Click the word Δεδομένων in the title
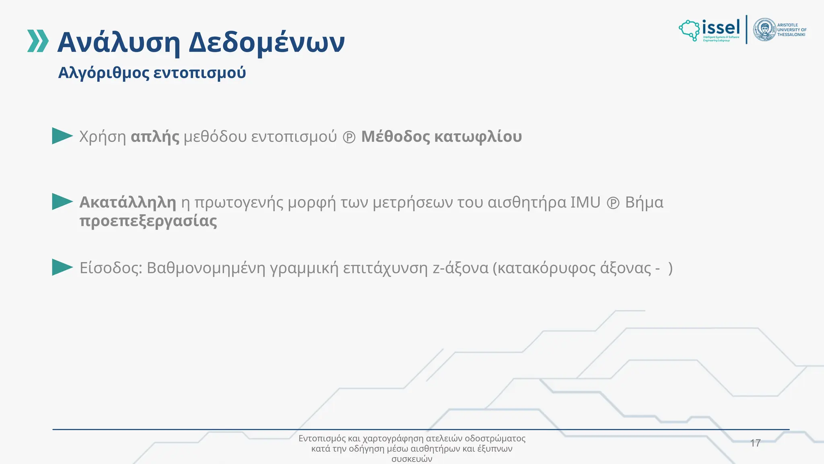[x=266, y=42]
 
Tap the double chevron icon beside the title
[x=38, y=41]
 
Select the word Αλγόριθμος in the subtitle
[x=103, y=73]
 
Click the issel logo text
[x=721, y=27]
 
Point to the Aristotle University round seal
[x=764, y=29]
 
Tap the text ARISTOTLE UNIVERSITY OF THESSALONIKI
[x=791, y=30]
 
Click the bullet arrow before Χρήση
[x=62, y=136]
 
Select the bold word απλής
[x=155, y=137]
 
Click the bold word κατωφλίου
[x=478, y=137]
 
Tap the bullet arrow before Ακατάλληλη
[x=62, y=202]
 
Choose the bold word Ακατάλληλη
[x=128, y=202]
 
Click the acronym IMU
[x=585, y=202]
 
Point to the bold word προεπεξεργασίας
[x=148, y=221]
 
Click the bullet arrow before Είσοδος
[x=62, y=267]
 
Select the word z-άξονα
[x=460, y=268]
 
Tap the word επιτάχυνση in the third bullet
[x=385, y=268]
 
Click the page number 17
[x=755, y=443]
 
